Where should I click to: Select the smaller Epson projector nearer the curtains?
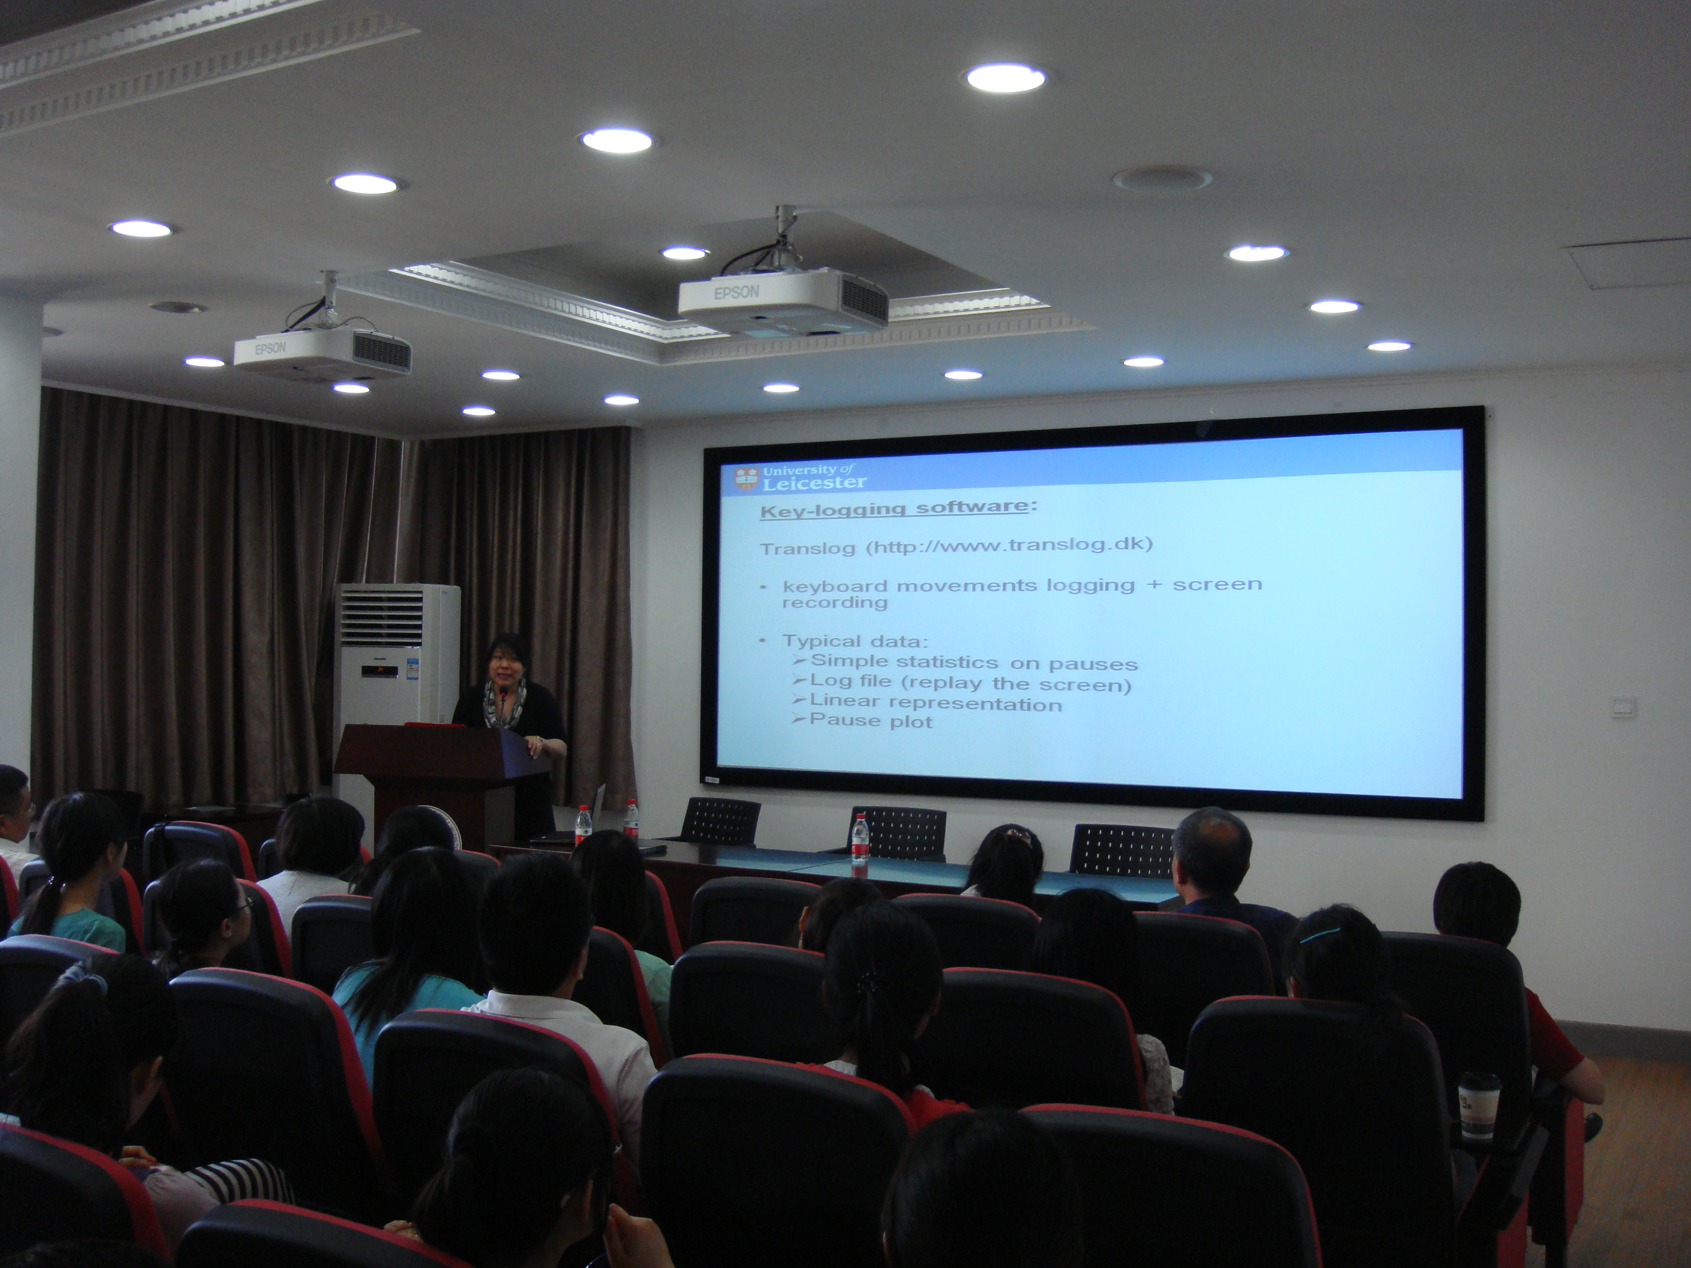322,352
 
